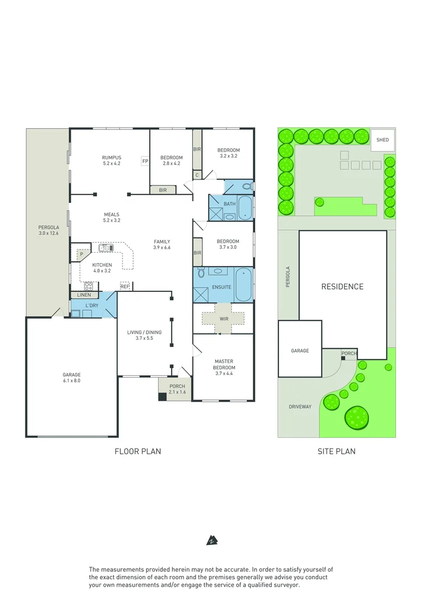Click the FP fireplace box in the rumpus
tap(145, 161)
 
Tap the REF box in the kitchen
tap(125, 286)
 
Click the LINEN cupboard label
tap(84, 295)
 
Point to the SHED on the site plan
tap(382, 140)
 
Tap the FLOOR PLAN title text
tap(138, 451)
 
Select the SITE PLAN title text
tap(336, 451)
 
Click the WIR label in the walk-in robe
tap(223, 318)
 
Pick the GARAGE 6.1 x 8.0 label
tap(71, 378)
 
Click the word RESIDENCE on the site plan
tap(342, 286)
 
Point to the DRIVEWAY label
tap(300, 406)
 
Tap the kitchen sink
tap(106, 248)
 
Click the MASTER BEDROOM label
tap(224, 364)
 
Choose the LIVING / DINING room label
tap(144, 334)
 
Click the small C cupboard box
tap(197, 175)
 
